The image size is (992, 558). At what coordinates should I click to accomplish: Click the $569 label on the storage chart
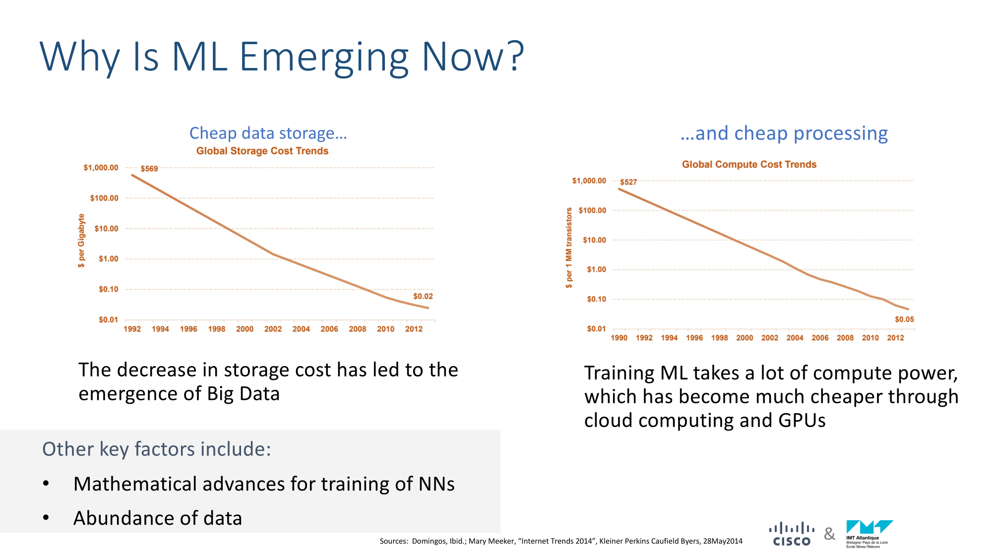click(149, 169)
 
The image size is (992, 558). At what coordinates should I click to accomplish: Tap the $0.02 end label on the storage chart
click(423, 296)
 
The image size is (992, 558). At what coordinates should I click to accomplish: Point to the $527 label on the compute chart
click(628, 182)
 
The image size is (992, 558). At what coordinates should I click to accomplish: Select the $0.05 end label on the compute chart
click(904, 319)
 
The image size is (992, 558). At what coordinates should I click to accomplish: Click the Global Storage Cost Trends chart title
click(262, 151)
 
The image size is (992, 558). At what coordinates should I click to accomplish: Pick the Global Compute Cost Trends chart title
click(748, 164)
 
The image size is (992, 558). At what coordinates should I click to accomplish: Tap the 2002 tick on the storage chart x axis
click(273, 329)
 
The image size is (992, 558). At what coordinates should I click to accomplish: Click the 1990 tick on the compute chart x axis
click(619, 338)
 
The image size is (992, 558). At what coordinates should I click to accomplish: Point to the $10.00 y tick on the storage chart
click(106, 229)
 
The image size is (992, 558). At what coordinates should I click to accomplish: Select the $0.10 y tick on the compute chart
click(596, 299)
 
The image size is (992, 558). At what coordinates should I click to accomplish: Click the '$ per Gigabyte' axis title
click(81, 241)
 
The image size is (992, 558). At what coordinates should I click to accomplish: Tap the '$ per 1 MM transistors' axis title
click(569, 248)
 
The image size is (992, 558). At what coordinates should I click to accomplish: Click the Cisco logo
click(792, 534)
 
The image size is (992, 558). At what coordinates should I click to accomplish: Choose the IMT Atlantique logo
click(869, 534)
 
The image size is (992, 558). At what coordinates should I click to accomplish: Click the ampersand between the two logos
click(829, 534)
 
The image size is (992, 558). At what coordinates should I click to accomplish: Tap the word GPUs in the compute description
click(802, 421)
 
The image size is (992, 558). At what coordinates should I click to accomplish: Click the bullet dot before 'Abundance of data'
click(46, 518)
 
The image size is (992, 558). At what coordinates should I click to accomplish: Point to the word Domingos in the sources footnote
click(429, 541)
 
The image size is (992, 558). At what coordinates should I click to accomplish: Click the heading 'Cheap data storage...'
click(268, 133)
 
